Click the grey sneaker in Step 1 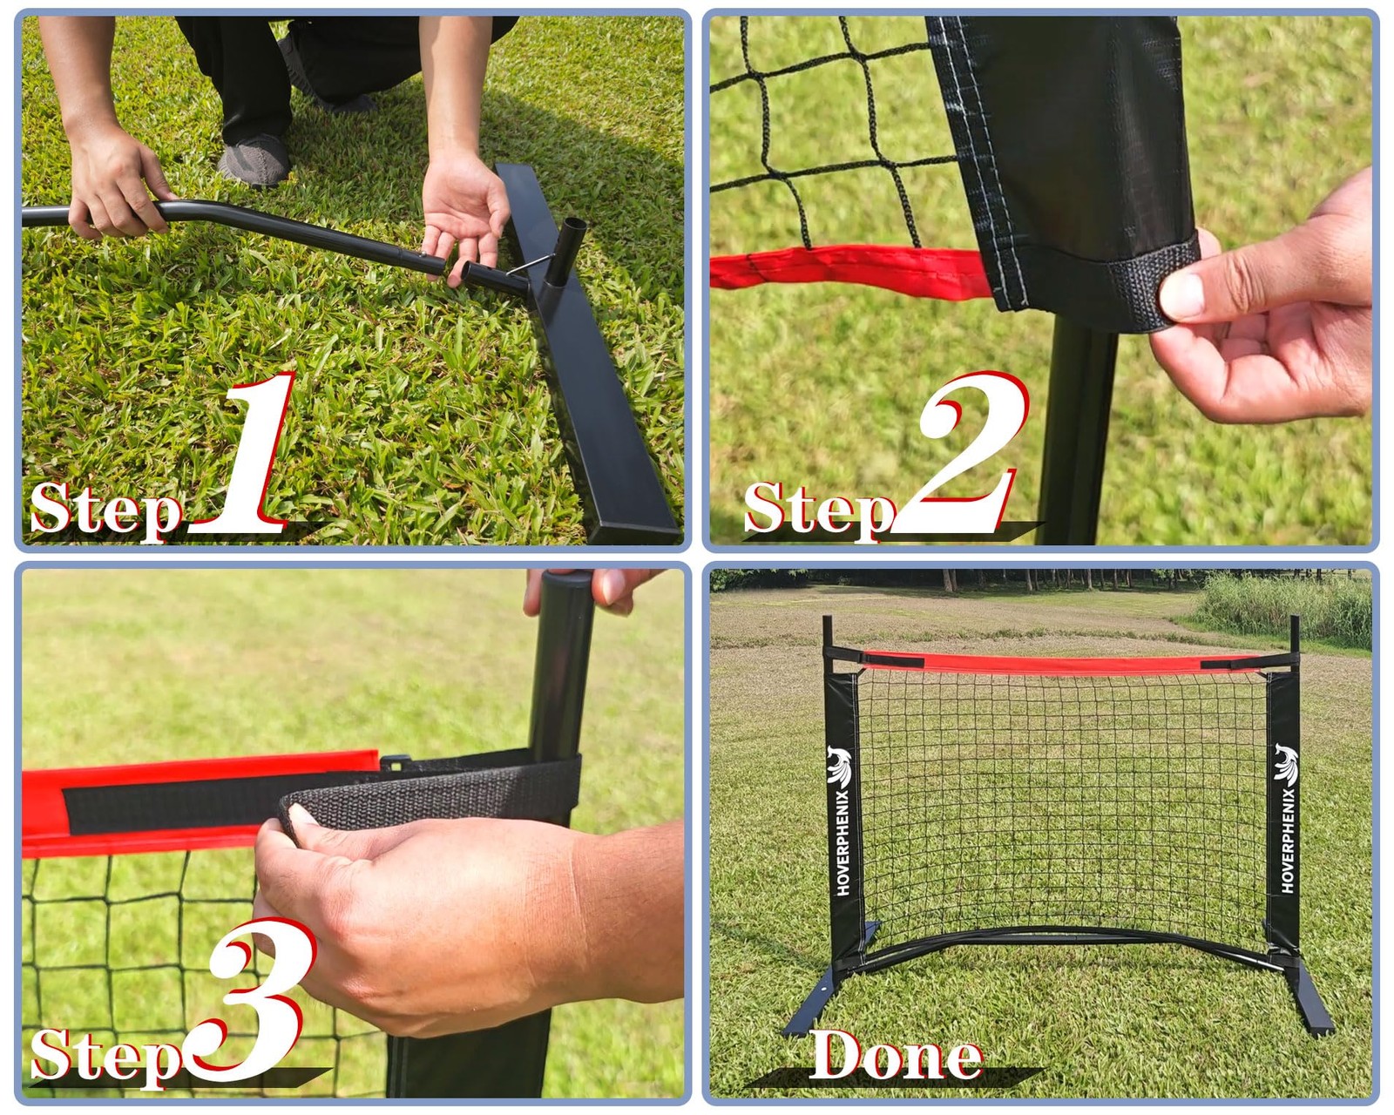tap(254, 159)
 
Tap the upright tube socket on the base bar tap(565, 252)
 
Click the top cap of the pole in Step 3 tap(567, 578)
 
